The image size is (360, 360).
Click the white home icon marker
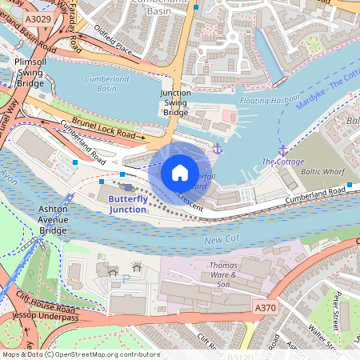(180, 173)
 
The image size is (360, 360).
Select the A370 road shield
(266, 307)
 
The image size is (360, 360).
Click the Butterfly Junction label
(128, 203)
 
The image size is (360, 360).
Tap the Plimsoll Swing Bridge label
(30, 72)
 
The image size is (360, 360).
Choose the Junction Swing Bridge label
(175, 102)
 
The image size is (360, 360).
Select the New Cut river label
(221, 240)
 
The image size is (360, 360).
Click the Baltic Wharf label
(322, 171)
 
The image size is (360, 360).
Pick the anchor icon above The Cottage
(282, 150)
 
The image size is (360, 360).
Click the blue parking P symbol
(126, 279)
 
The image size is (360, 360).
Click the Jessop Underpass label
(38, 318)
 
